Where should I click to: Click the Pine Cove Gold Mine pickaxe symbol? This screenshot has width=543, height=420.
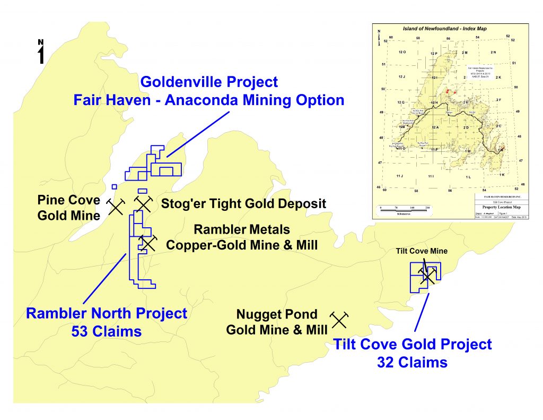(116, 207)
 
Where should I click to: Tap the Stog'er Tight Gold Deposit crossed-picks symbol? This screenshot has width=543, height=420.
(143, 203)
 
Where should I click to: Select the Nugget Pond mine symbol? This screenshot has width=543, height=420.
(339, 319)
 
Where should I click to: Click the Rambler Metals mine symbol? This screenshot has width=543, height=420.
(147, 243)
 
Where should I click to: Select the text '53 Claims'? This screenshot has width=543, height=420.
(107, 331)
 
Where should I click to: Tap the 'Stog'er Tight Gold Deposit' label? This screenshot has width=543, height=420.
(243, 203)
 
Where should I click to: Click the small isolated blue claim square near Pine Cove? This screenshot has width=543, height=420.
(114, 187)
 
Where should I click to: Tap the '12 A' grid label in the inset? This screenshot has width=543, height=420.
(435, 127)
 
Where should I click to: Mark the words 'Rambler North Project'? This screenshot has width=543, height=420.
(107, 313)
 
